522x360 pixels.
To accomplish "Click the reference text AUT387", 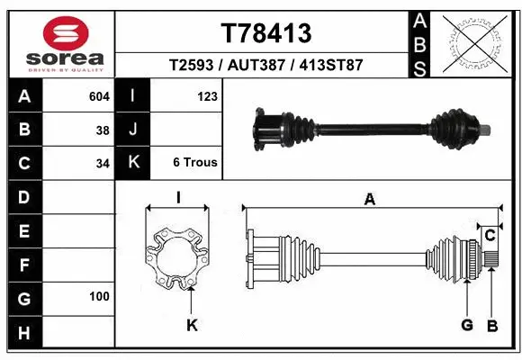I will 265,66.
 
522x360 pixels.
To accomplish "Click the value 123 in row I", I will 207,95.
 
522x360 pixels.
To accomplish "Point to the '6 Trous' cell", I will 195,164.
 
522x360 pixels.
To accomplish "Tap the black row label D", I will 23,196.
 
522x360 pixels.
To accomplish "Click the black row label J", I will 132,130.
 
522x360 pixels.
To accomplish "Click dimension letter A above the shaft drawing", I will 369,201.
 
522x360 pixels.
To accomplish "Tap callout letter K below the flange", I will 192,326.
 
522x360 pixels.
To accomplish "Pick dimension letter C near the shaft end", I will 490,236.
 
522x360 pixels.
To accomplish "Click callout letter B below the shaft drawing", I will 492,325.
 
